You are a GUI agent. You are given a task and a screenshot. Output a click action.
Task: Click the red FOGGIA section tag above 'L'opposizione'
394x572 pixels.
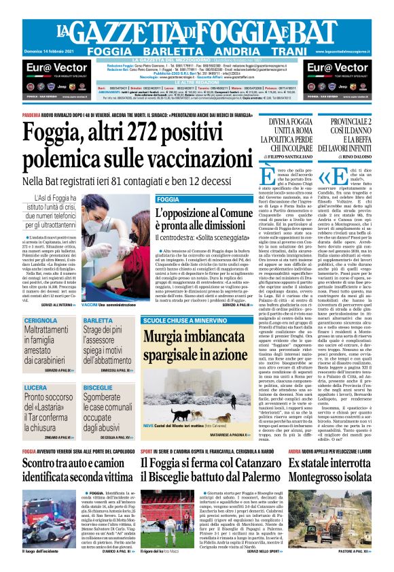(x=168, y=199)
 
